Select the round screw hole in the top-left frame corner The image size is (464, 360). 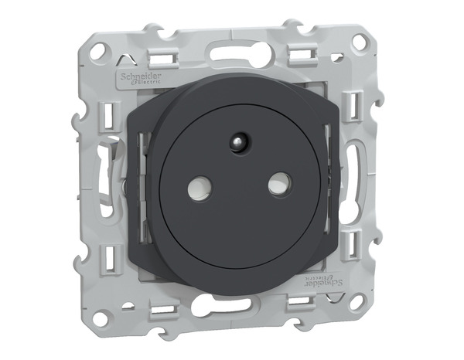coord(97,53)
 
